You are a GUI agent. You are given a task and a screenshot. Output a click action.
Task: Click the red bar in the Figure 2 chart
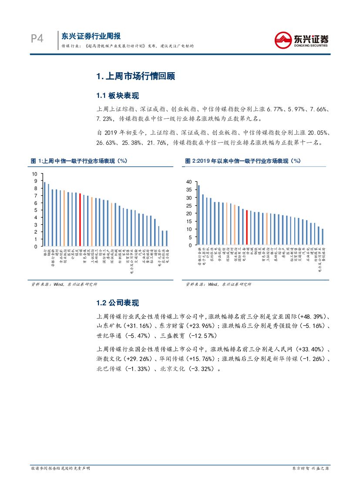coord(247,227)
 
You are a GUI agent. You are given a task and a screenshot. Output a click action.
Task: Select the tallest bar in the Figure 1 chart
coord(44,214)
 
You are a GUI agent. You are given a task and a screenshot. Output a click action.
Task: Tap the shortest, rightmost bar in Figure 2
coord(323,237)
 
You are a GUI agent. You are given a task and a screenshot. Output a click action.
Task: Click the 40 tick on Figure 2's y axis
coord(189,182)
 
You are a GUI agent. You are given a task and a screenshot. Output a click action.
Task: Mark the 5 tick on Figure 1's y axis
coord(36,210)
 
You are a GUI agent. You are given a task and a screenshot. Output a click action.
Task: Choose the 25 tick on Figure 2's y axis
coord(189,206)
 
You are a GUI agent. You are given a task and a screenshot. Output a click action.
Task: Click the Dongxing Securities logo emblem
coord(283,40)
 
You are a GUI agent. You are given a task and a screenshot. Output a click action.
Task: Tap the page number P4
coord(37,39)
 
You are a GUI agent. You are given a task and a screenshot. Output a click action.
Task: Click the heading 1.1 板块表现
coord(118,96)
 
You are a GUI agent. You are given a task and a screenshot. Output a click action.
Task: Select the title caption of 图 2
coord(243,161)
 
